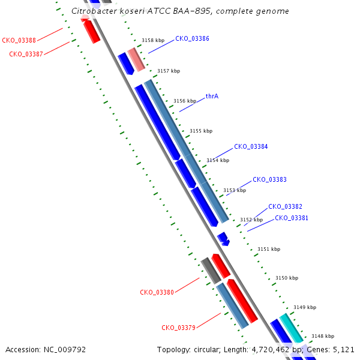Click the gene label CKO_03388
pyautogui.click(x=19, y=40)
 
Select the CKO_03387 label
pyautogui.click(x=26, y=54)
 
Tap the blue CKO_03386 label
pyautogui.click(x=192, y=38)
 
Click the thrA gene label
pyautogui.click(x=212, y=96)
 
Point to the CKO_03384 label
pyautogui.click(x=251, y=146)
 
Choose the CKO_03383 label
pyautogui.click(x=269, y=179)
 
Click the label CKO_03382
pyautogui.click(x=285, y=206)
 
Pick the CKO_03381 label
pyautogui.click(x=292, y=218)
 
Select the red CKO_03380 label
pyautogui.click(x=157, y=293)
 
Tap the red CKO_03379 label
pyautogui.click(x=178, y=328)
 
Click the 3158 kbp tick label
pyautogui.click(x=153, y=40)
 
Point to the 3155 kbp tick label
pyautogui.click(x=201, y=131)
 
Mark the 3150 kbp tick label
pyautogui.click(x=287, y=278)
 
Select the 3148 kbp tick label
pyautogui.click(x=323, y=336)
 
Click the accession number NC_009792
pyautogui.click(x=65, y=350)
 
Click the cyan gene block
pyautogui.click(x=292, y=328)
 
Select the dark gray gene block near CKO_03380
pyautogui.click(x=211, y=271)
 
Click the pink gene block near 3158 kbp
pyautogui.click(x=136, y=59)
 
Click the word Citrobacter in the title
pyautogui.click(x=95, y=11)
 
